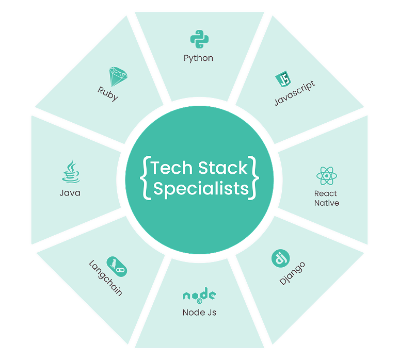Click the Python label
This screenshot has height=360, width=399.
point(198,58)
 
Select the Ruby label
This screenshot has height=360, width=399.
point(108,93)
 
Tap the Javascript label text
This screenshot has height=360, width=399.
point(294,93)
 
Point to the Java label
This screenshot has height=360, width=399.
point(70,193)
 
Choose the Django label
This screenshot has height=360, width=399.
point(292,274)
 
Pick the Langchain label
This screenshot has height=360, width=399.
point(105,278)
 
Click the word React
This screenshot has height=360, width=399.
point(326,193)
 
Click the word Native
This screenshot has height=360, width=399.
point(326,203)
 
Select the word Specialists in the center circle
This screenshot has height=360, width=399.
point(201,189)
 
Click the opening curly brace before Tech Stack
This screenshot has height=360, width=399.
point(146,178)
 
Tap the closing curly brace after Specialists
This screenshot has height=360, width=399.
point(253,178)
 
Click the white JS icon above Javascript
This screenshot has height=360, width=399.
point(284,80)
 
